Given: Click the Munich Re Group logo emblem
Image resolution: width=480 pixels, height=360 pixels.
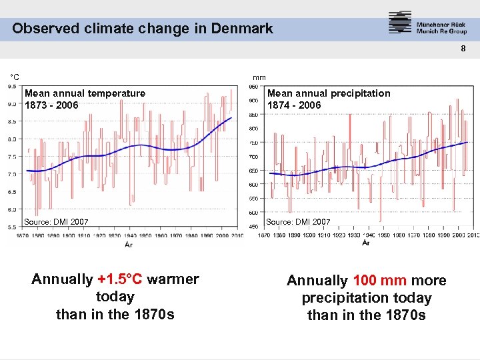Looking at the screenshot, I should [x=400, y=23].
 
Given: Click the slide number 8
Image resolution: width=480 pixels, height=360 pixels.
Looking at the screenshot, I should [x=465, y=49].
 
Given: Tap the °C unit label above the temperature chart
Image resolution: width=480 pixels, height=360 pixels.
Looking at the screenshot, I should [x=14, y=77].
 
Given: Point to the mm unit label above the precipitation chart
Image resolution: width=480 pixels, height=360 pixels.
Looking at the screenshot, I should [x=259, y=77].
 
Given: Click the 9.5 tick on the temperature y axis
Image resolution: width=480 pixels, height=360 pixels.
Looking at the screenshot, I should [x=12, y=86].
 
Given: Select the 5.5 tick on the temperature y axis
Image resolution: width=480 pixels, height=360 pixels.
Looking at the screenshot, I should [x=12, y=227].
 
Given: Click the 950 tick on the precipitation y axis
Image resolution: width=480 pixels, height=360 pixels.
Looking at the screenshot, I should [x=253, y=87].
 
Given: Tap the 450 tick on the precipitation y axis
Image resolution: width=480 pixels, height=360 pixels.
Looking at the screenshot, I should [x=253, y=227].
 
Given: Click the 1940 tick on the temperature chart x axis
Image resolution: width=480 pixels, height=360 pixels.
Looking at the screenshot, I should [x=130, y=235].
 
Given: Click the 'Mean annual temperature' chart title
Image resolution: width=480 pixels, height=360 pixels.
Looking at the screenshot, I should [x=85, y=93].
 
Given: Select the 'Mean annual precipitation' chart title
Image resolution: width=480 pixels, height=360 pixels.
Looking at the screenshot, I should [x=329, y=93].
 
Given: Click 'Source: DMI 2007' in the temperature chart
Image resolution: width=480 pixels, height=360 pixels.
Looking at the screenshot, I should [x=56, y=221].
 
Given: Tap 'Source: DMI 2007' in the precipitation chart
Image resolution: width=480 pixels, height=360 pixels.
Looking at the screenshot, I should [x=298, y=221].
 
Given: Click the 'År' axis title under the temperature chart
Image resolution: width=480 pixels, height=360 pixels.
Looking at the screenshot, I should [x=129, y=244].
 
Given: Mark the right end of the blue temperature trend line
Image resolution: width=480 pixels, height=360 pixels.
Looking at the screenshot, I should [x=231, y=118].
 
